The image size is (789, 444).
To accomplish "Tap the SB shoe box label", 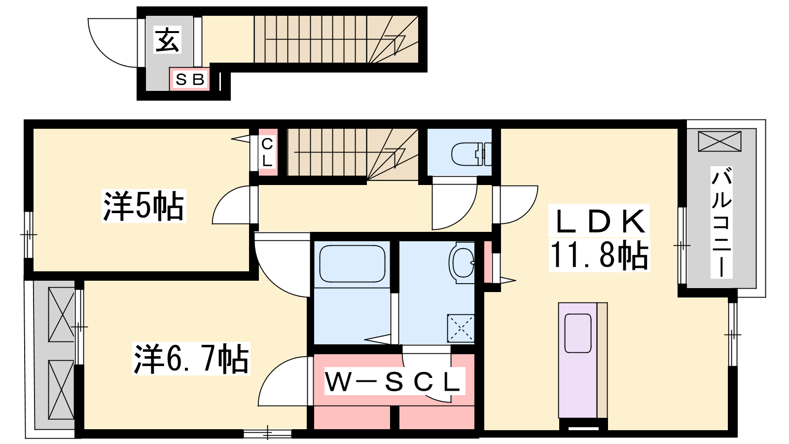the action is [190, 79].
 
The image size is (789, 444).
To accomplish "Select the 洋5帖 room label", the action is [143, 206].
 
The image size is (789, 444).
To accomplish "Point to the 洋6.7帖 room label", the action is [191, 358].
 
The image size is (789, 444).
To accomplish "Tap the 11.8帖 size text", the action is [599, 255].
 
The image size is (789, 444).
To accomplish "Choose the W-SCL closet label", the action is [393, 381].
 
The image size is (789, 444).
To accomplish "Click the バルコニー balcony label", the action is [721, 222].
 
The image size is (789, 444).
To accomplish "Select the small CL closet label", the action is [267, 152].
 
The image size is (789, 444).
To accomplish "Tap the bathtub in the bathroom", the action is [352, 263].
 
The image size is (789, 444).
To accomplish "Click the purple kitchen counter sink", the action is [577, 333].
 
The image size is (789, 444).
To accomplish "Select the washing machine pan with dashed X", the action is [461, 328].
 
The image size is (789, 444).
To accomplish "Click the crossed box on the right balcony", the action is [719, 141].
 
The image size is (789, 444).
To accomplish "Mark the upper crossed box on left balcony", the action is [61, 314].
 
